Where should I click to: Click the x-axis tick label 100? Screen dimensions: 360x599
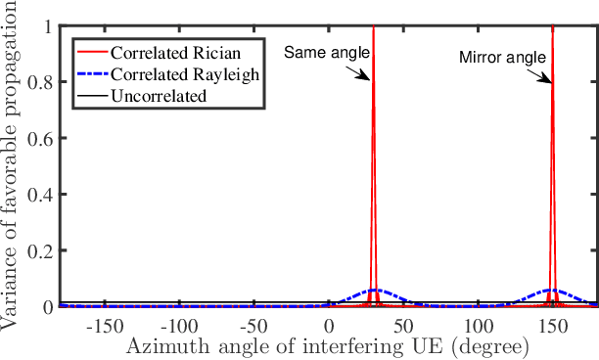coord(478,325)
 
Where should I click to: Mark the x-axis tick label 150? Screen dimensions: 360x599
coord(553,325)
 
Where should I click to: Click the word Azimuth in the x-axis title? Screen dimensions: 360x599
coord(161,345)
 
